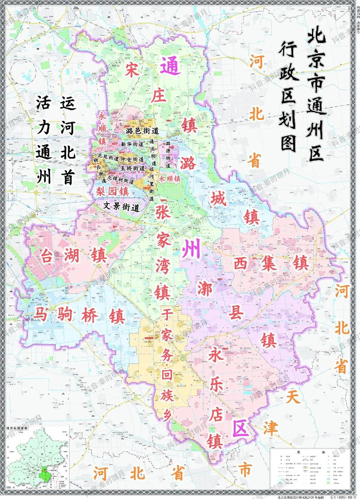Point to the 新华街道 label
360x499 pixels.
pos(132,144)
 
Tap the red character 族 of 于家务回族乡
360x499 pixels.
pos(165,397)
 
